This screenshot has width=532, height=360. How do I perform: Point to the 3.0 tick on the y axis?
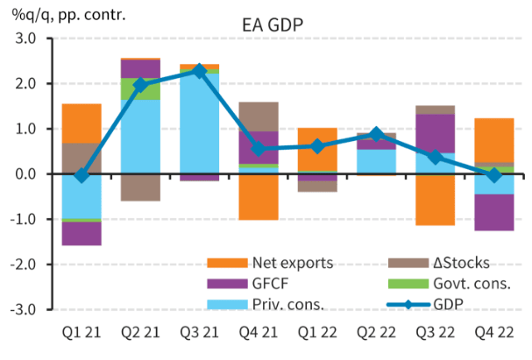click(24, 39)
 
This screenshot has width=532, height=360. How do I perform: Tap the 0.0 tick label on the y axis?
click(24, 174)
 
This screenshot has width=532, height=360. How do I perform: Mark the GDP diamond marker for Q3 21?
click(200, 71)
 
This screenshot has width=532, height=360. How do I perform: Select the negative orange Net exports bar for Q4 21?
click(259, 196)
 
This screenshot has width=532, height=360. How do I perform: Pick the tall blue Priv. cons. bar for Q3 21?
click(200, 123)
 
